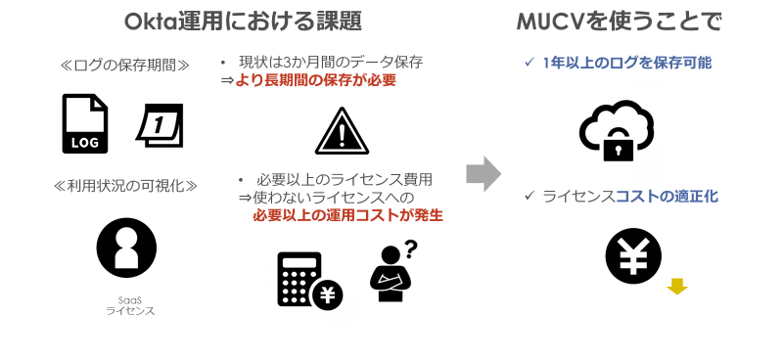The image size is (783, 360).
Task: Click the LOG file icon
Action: [84, 123]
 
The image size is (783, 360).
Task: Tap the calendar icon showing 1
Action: [160, 124]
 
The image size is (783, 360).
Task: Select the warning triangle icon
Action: [342, 132]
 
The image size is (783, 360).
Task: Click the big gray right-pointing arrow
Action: [483, 173]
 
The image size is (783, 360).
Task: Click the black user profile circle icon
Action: [127, 247]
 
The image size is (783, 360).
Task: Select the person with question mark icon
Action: [391, 274]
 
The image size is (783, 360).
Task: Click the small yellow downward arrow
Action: [676, 286]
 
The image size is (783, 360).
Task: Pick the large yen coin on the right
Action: [633, 256]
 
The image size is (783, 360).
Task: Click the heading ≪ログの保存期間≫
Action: [124, 67]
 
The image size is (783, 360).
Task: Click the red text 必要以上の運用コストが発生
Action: [347, 214]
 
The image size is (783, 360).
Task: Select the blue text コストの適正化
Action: [667, 196]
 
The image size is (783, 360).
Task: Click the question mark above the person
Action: [409, 248]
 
